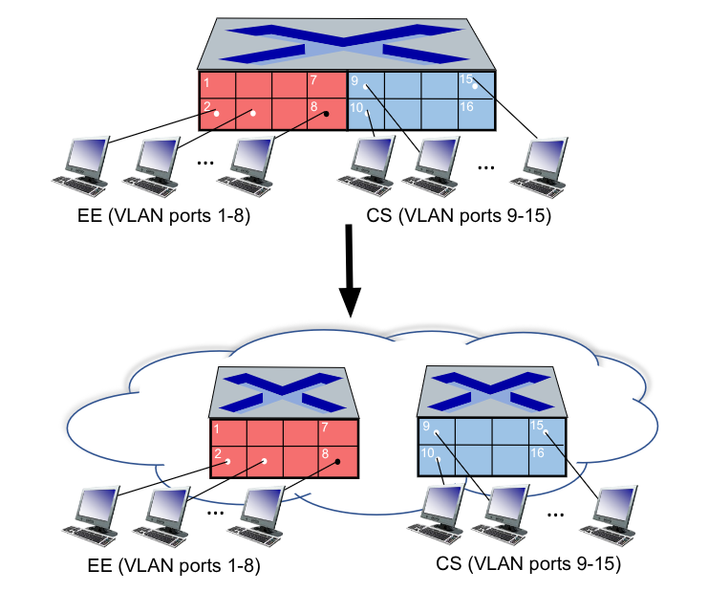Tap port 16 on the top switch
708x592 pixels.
click(476, 112)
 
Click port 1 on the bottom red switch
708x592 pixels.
click(227, 433)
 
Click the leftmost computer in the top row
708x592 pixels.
click(81, 162)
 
